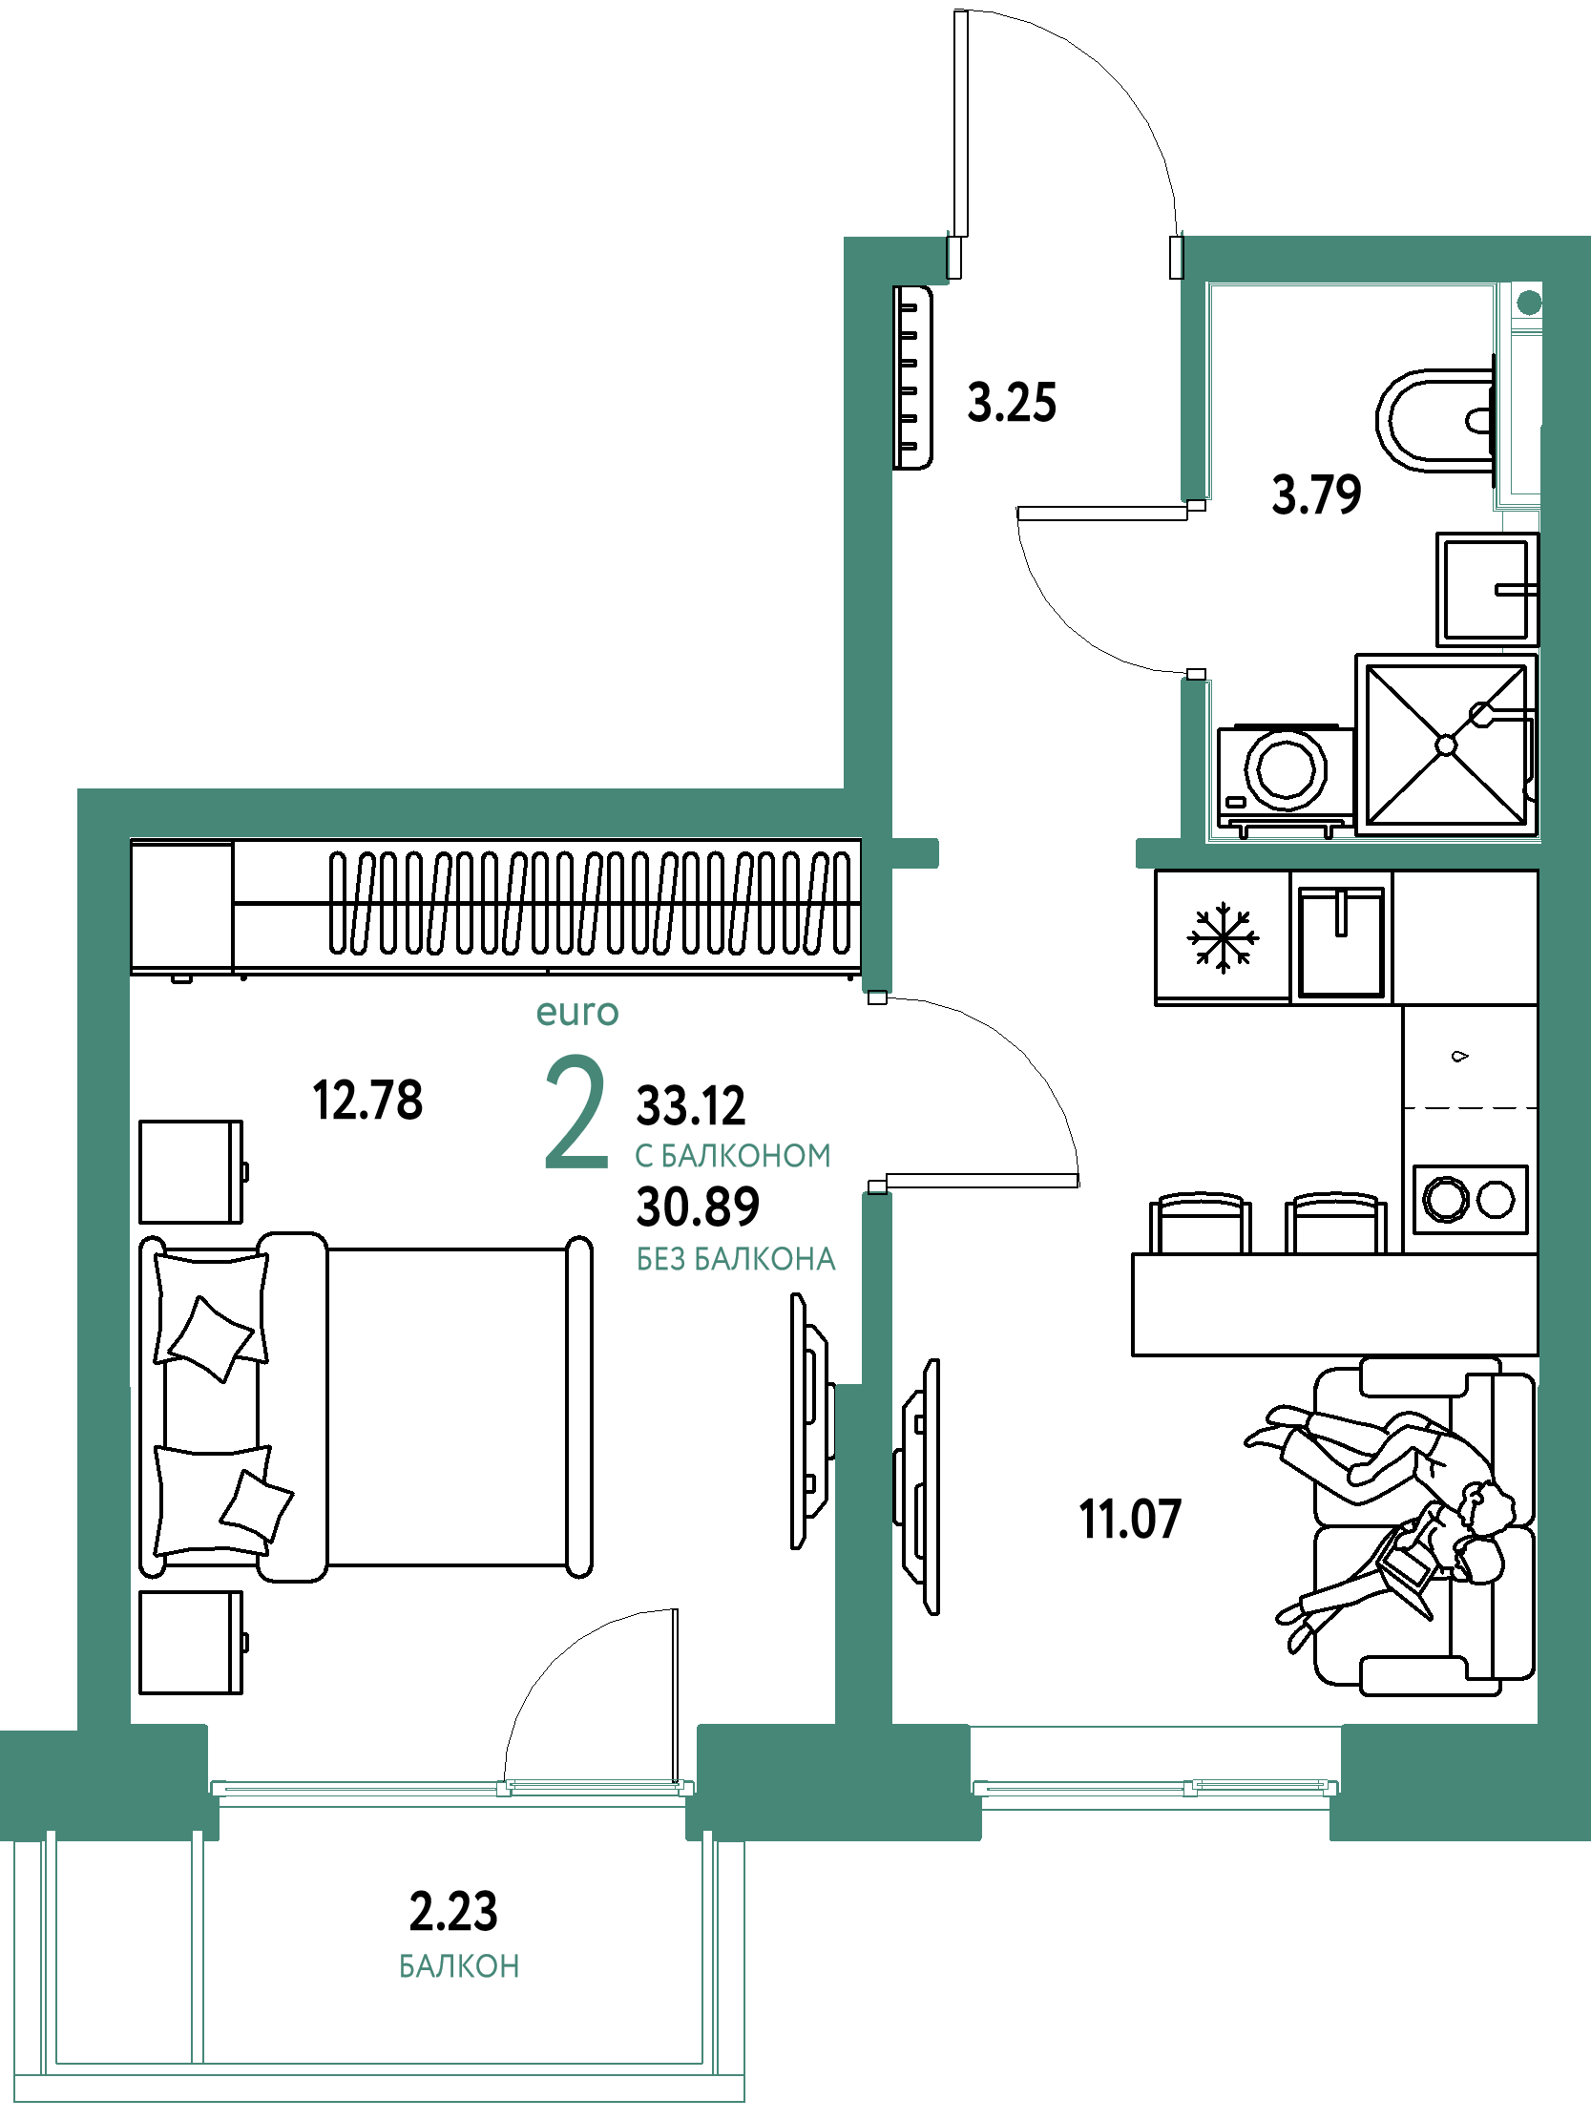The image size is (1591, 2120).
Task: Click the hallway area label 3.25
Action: pyautogui.click(x=1011, y=403)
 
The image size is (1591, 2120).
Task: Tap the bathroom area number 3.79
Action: pyautogui.click(x=1316, y=494)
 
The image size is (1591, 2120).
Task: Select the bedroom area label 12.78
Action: pyautogui.click(x=367, y=1101)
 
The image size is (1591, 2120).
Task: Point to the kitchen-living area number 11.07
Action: pyautogui.click(x=1130, y=1519)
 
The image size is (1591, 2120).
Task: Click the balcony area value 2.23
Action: pyautogui.click(x=453, y=1912)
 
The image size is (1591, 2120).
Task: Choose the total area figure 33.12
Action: pyautogui.click(x=690, y=1106)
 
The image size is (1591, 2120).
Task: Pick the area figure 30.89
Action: pyautogui.click(x=698, y=1207)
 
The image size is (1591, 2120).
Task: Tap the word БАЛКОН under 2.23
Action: pyautogui.click(x=459, y=1966)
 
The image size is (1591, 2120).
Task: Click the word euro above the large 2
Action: pyautogui.click(x=577, y=1012)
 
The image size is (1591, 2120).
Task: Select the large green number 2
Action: pyautogui.click(x=576, y=1113)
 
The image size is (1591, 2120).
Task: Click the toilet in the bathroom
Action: pyautogui.click(x=1435, y=420)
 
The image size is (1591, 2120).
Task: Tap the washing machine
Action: pyautogui.click(x=1286, y=777)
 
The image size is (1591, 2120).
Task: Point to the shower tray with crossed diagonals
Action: pyautogui.click(x=1446, y=745)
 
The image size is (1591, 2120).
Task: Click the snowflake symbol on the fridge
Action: pyautogui.click(x=1223, y=937)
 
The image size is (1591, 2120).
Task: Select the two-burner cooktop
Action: pyautogui.click(x=1470, y=1199)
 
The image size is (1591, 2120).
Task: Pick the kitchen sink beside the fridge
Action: pyautogui.click(x=1341, y=940)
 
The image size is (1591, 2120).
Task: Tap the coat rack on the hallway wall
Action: pyautogui.click(x=912, y=378)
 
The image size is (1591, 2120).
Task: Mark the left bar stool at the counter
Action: pyautogui.click(x=1200, y=1223)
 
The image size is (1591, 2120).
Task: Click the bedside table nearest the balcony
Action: pyautogui.click(x=192, y=1643)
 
